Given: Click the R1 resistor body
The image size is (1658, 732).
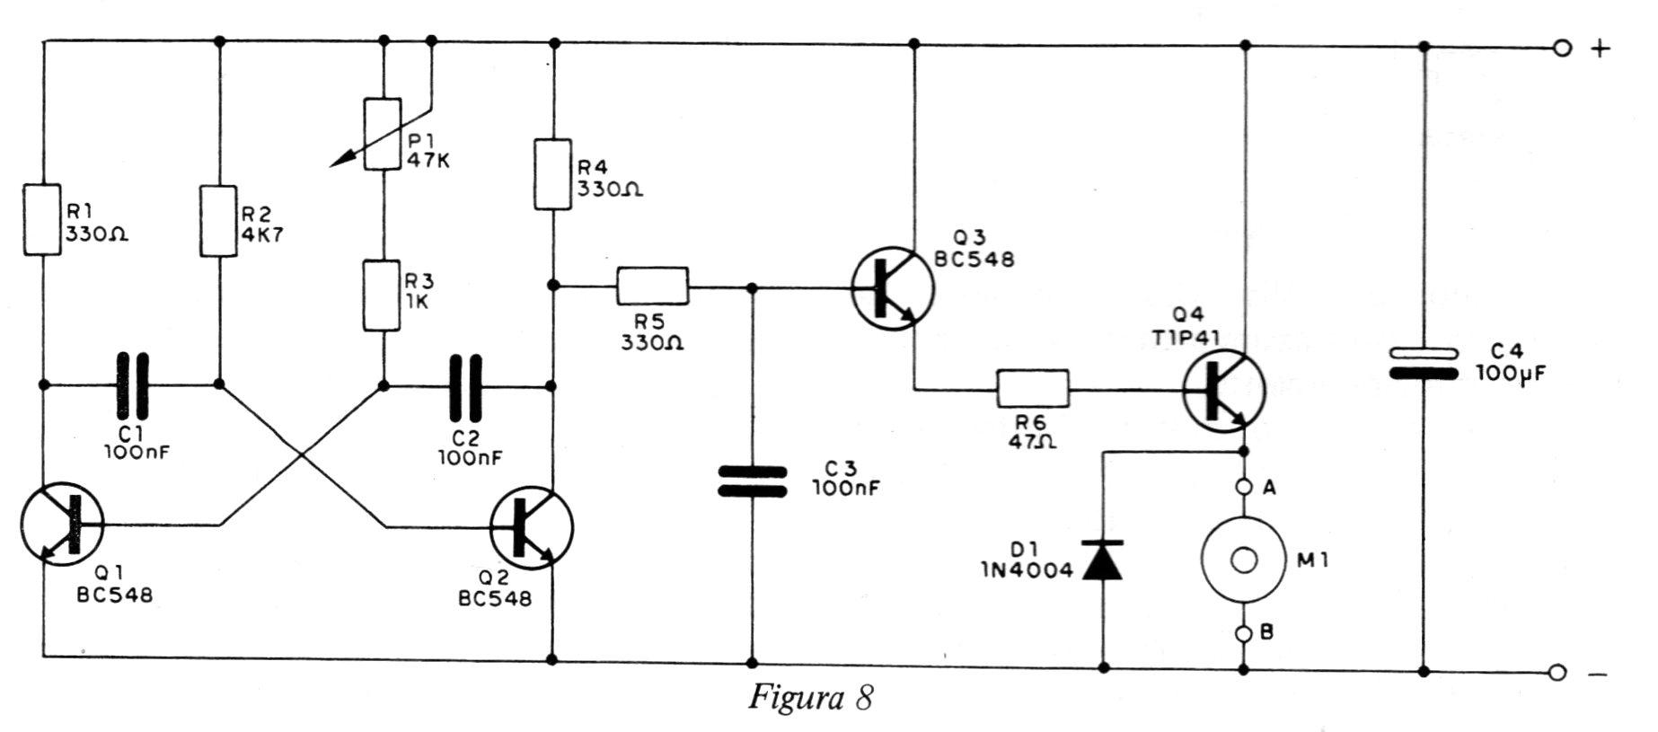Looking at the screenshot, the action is point(41,220).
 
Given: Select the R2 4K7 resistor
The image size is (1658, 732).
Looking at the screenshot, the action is point(219,220).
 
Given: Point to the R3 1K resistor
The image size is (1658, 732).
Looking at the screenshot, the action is point(383,295).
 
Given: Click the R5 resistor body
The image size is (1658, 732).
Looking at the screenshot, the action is point(652,286).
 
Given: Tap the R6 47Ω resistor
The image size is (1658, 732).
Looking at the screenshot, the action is point(1034,388).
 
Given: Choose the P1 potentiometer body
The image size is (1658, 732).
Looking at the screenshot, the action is point(383,135).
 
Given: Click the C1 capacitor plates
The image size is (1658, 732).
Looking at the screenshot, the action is point(131,385).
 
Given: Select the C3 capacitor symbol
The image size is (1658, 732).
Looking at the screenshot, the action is point(753,481).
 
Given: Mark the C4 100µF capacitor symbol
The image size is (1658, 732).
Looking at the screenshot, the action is point(1424,363).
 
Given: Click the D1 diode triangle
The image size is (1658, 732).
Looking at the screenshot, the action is point(1103,560).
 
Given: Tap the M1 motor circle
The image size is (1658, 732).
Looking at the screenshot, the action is point(1244,560).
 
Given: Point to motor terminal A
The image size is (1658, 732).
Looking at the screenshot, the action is point(1244,488).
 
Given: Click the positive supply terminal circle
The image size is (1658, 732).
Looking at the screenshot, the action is point(1562,48).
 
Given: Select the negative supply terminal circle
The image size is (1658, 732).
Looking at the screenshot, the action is point(1557,673).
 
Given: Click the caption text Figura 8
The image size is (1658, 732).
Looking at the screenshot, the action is point(811,698).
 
